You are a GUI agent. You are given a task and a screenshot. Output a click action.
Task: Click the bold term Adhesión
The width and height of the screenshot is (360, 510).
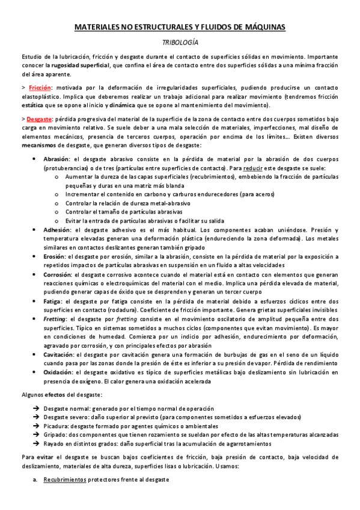click(56, 230)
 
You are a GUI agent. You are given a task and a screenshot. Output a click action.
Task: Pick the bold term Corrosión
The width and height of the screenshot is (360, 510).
click(57, 275)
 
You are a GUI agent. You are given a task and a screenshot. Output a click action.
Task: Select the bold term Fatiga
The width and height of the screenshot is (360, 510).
click(52, 301)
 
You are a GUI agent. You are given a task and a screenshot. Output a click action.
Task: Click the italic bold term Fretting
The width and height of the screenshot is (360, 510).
click(55, 319)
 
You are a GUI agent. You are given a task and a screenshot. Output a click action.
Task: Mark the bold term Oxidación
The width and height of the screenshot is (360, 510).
click(58, 372)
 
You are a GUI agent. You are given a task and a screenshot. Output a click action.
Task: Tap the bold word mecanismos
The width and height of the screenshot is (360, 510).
click(40, 145)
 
